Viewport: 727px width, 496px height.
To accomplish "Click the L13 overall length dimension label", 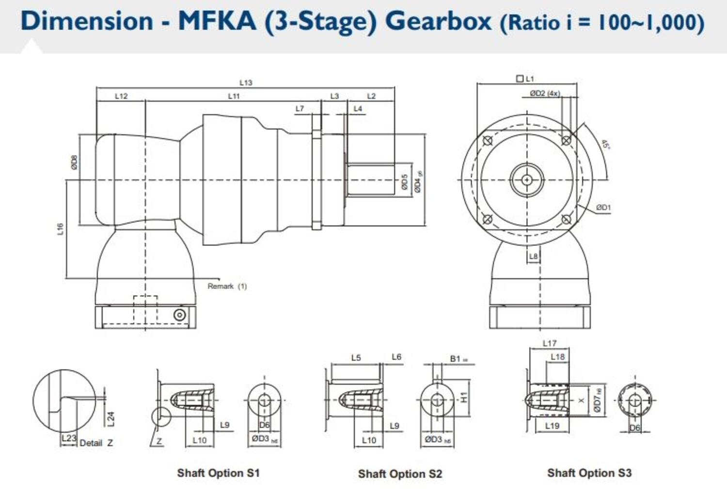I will pyautogui.click(x=246, y=83).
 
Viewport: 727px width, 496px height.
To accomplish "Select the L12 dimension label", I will pyautogui.click(x=121, y=96).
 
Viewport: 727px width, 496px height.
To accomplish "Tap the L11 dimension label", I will pyautogui.click(x=234, y=96).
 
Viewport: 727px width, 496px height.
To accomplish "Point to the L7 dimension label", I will pyautogui.click(x=300, y=109).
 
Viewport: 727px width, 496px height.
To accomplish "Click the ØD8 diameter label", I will pyautogui.click(x=74, y=162).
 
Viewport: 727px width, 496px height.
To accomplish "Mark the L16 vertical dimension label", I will pyautogui.click(x=60, y=229).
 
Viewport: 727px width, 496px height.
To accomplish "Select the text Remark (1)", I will pyautogui.click(x=227, y=286).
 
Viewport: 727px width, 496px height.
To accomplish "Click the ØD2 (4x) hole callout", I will pyautogui.click(x=545, y=93).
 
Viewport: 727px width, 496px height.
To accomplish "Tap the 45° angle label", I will pyautogui.click(x=605, y=144).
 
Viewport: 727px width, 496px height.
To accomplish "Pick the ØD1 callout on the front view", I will pyautogui.click(x=603, y=208).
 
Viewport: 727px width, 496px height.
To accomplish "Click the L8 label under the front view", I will pyautogui.click(x=533, y=256).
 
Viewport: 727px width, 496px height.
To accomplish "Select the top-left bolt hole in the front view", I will pyautogui.click(x=488, y=141).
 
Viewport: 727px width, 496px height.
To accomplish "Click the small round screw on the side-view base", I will pyautogui.click(x=179, y=315).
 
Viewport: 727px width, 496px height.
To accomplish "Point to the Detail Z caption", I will pyautogui.click(x=96, y=443).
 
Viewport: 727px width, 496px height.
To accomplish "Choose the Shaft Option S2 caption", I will pyautogui.click(x=400, y=474).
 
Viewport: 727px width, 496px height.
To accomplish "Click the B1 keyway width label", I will pyautogui.click(x=457, y=359).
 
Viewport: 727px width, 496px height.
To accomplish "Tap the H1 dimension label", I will pyautogui.click(x=464, y=398).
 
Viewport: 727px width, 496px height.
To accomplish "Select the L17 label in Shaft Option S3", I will pyautogui.click(x=549, y=343).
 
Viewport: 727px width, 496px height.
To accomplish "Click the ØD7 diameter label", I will pyautogui.click(x=597, y=400).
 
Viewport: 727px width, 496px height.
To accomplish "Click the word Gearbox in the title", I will pyautogui.click(x=438, y=21).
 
